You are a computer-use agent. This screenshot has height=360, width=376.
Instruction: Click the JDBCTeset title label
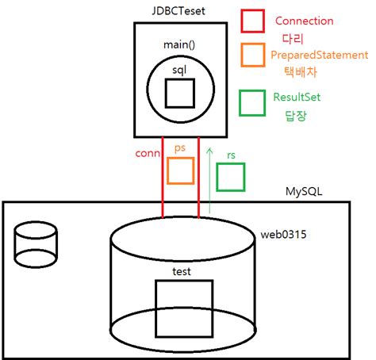[x=181, y=11]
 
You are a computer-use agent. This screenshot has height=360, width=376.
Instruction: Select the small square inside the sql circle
[x=181, y=94]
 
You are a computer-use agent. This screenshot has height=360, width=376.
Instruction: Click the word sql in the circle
[x=181, y=71]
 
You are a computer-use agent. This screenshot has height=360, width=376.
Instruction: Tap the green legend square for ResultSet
[x=252, y=102]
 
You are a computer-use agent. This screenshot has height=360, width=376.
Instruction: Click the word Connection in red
[x=304, y=21]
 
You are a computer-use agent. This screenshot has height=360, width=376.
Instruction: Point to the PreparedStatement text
[x=319, y=55]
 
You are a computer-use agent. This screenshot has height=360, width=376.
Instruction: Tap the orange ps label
[x=180, y=148]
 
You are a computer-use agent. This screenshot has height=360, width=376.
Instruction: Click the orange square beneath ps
[x=181, y=170]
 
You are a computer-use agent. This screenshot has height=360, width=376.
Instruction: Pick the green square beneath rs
[x=231, y=177]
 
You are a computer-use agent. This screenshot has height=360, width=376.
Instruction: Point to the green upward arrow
[x=209, y=178]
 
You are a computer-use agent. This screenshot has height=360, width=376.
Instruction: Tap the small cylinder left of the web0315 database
[x=36, y=242]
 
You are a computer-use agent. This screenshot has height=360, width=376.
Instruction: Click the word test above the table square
[x=181, y=271]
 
